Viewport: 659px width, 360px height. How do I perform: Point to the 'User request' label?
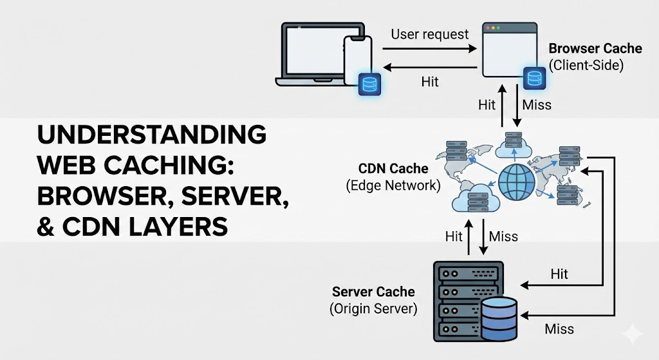tap(429, 34)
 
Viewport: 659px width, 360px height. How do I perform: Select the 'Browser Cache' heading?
tap(595, 48)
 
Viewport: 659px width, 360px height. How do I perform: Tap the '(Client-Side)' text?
tap(586, 64)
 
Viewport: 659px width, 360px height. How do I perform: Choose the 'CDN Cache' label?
tap(393, 169)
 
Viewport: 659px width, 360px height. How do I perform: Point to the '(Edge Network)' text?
tap(393, 185)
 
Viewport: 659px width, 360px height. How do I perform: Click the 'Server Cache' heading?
tap(373, 292)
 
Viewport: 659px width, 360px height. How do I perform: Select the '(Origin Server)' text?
tap(373, 308)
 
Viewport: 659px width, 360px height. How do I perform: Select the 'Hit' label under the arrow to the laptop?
tap(430, 82)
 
